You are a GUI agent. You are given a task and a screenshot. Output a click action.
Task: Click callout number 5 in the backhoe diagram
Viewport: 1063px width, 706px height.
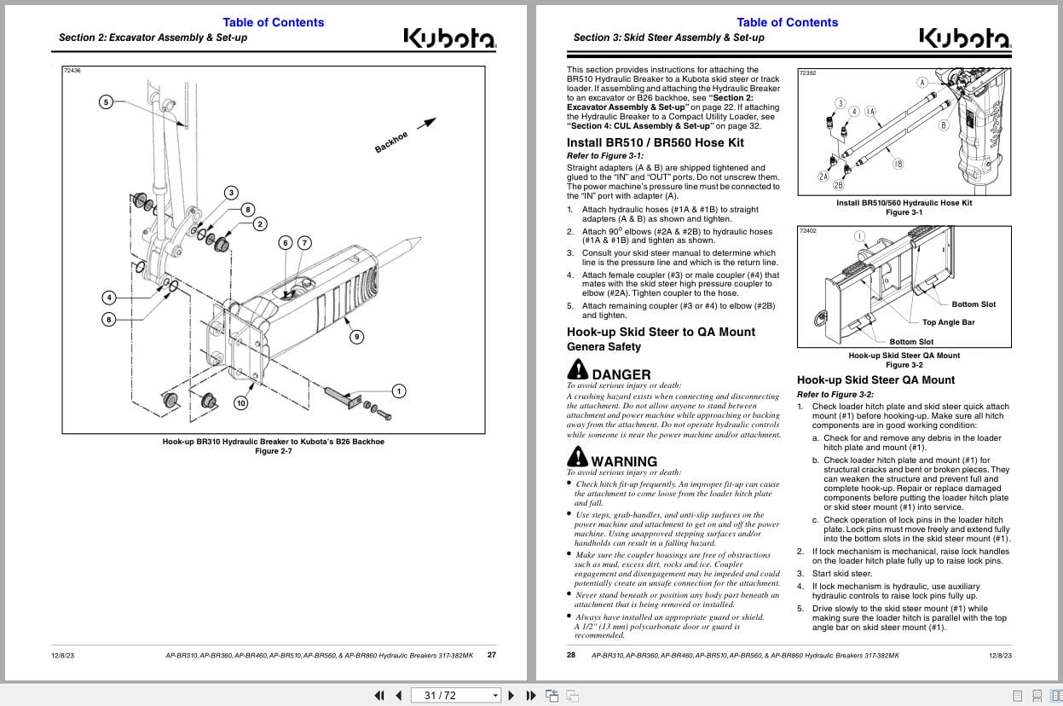[x=106, y=102]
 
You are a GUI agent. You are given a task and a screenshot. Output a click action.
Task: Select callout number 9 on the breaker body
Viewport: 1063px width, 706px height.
[x=356, y=337]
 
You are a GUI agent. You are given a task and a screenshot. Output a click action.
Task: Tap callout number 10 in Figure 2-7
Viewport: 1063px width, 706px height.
[x=241, y=402]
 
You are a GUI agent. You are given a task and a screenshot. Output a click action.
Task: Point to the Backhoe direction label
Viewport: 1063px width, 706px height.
[x=391, y=142]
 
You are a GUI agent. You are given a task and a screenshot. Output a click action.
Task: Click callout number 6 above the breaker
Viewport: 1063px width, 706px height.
[x=286, y=243]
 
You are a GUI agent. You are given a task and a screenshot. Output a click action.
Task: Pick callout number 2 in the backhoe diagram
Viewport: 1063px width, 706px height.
[x=260, y=224]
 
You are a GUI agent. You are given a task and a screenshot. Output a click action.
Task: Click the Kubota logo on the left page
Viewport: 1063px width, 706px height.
[x=448, y=39]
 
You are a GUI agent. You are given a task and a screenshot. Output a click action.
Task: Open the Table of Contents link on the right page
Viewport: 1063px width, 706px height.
[x=787, y=22]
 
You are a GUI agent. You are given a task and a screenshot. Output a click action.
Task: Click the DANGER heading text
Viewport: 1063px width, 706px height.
[x=621, y=374]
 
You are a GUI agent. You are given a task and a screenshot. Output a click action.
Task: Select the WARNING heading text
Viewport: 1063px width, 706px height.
[x=624, y=461]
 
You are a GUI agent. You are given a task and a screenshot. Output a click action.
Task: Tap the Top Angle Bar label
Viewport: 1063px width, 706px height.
[x=948, y=322]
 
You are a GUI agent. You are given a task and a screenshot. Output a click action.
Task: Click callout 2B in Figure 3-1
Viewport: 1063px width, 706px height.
[x=838, y=185]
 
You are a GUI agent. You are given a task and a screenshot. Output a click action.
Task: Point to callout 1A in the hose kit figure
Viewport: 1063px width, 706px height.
[x=870, y=112]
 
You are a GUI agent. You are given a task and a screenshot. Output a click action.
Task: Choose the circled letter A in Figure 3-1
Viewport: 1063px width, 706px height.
[x=921, y=83]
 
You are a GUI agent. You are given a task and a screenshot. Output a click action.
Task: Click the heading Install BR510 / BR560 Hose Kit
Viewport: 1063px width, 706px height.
[x=655, y=142]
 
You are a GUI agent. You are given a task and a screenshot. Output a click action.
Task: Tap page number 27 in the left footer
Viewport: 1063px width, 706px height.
[x=491, y=655]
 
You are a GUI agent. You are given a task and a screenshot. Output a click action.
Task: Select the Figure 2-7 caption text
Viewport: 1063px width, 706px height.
[x=274, y=451]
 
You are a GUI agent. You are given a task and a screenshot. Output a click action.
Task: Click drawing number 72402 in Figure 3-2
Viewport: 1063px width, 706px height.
[x=807, y=231]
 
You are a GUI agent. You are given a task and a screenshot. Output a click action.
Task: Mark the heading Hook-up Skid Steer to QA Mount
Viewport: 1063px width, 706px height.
[x=661, y=332]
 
